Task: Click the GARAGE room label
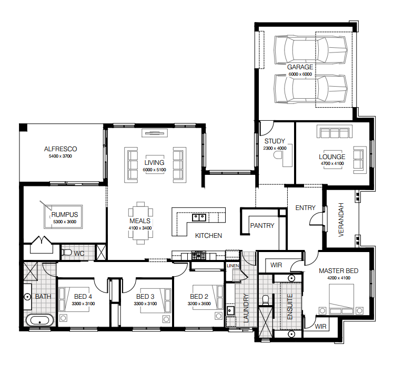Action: click(x=300, y=67)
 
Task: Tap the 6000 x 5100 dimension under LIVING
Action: click(x=154, y=170)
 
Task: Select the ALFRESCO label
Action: click(x=60, y=149)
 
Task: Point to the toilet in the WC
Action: click(x=67, y=252)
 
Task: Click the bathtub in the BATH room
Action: click(x=39, y=320)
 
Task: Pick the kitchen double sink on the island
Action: click(x=199, y=217)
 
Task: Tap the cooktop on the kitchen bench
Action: click(x=199, y=255)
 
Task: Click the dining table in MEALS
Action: click(x=140, y=223)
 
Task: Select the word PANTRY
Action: click(x=262, y=226)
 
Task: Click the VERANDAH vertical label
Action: click(x=341, y=219)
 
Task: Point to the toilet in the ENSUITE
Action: click(x=266, y=300)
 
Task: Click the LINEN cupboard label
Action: click(x=233, y=266)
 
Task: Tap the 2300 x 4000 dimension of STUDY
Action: click(x=275, y=148)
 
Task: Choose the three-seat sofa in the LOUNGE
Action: click(x=335, y=131)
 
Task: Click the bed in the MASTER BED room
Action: click(x=341, y=299)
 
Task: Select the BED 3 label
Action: click(x=145, y=297)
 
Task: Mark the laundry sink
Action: click(x=230, y=310)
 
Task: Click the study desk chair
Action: click(x=278, y=156)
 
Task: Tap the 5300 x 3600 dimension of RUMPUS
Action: click(x=65, y=222)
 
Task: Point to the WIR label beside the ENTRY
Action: click(x=276, y=265)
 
